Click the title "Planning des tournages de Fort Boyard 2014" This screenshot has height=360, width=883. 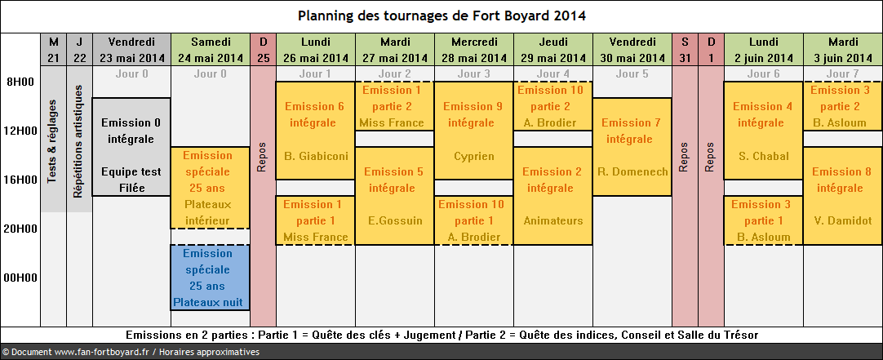point(441,16)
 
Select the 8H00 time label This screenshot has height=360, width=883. point(20,82)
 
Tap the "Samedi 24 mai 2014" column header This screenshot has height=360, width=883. point(211,50)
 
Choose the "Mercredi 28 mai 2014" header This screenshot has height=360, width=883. point(473,50)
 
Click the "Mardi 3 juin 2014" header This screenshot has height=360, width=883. point(843,50)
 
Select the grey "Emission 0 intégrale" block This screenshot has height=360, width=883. point(131,147)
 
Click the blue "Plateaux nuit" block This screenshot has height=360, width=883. point(210,278)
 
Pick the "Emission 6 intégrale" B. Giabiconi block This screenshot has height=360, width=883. point(315,131)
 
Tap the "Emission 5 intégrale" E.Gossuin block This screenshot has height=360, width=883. point(395,196)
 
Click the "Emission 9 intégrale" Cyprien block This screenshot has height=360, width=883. point(473,131)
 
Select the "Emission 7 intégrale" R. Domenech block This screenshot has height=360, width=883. point(632,147)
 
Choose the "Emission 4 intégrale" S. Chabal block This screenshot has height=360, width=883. point(764,131)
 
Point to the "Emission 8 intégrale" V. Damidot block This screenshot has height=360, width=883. point(843,196)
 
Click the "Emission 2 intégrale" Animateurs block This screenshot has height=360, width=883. point(553,196)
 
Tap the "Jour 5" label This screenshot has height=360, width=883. point(632,73)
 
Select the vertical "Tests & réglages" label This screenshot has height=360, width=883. point(53,141)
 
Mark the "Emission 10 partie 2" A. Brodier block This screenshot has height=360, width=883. point(553,106)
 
